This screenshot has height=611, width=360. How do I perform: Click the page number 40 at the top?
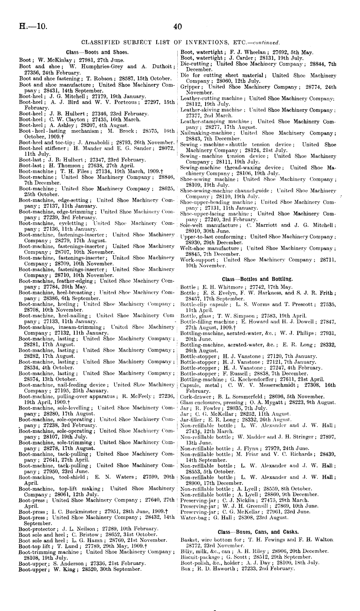(x=178, y=26)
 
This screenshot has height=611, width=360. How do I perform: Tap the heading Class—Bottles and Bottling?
(x=257, y=278)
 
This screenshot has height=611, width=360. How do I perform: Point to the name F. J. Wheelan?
(x=244, y=52)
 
